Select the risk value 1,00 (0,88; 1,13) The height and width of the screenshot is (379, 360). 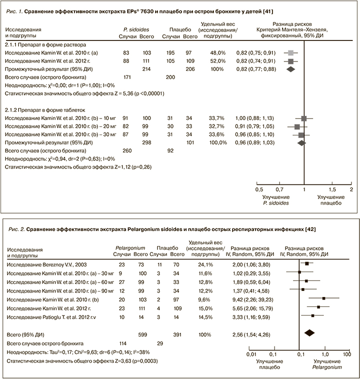click(x=254, y=118)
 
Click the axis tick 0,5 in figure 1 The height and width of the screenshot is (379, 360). click(x=259, y=190)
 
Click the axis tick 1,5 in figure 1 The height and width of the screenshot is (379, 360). click(x=332, y=190)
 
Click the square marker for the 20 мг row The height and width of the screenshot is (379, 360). click(x=297, y=127)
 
